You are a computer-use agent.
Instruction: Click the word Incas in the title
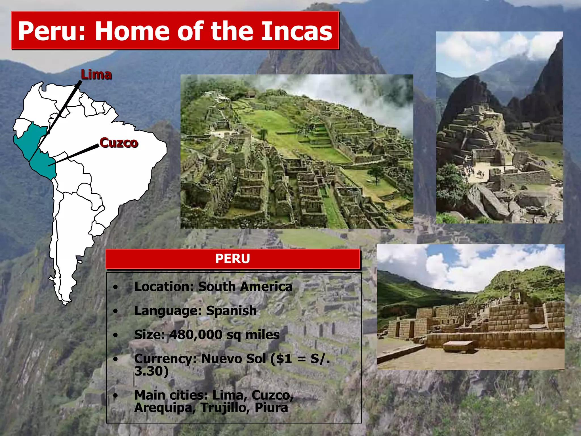[x=296, y=31]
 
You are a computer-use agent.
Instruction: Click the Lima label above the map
[x=96, y=75]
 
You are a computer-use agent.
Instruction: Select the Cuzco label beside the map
[x=119, y=142]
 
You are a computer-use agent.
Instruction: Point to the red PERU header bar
[x=233, y=259]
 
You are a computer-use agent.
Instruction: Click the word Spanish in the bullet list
[x=231, y=311]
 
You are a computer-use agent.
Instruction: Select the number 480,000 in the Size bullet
[x=196, y=335]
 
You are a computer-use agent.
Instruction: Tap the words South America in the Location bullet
[x=245, y=287]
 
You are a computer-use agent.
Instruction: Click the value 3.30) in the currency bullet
[x=151, y=371]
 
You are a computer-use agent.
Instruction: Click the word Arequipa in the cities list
[x=163, y=408]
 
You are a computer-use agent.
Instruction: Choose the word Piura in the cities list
[x=271, y=408]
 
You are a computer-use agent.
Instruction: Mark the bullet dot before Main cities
[x=115, y=395]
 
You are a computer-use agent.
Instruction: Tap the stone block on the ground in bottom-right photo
[x=458, y=347]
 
